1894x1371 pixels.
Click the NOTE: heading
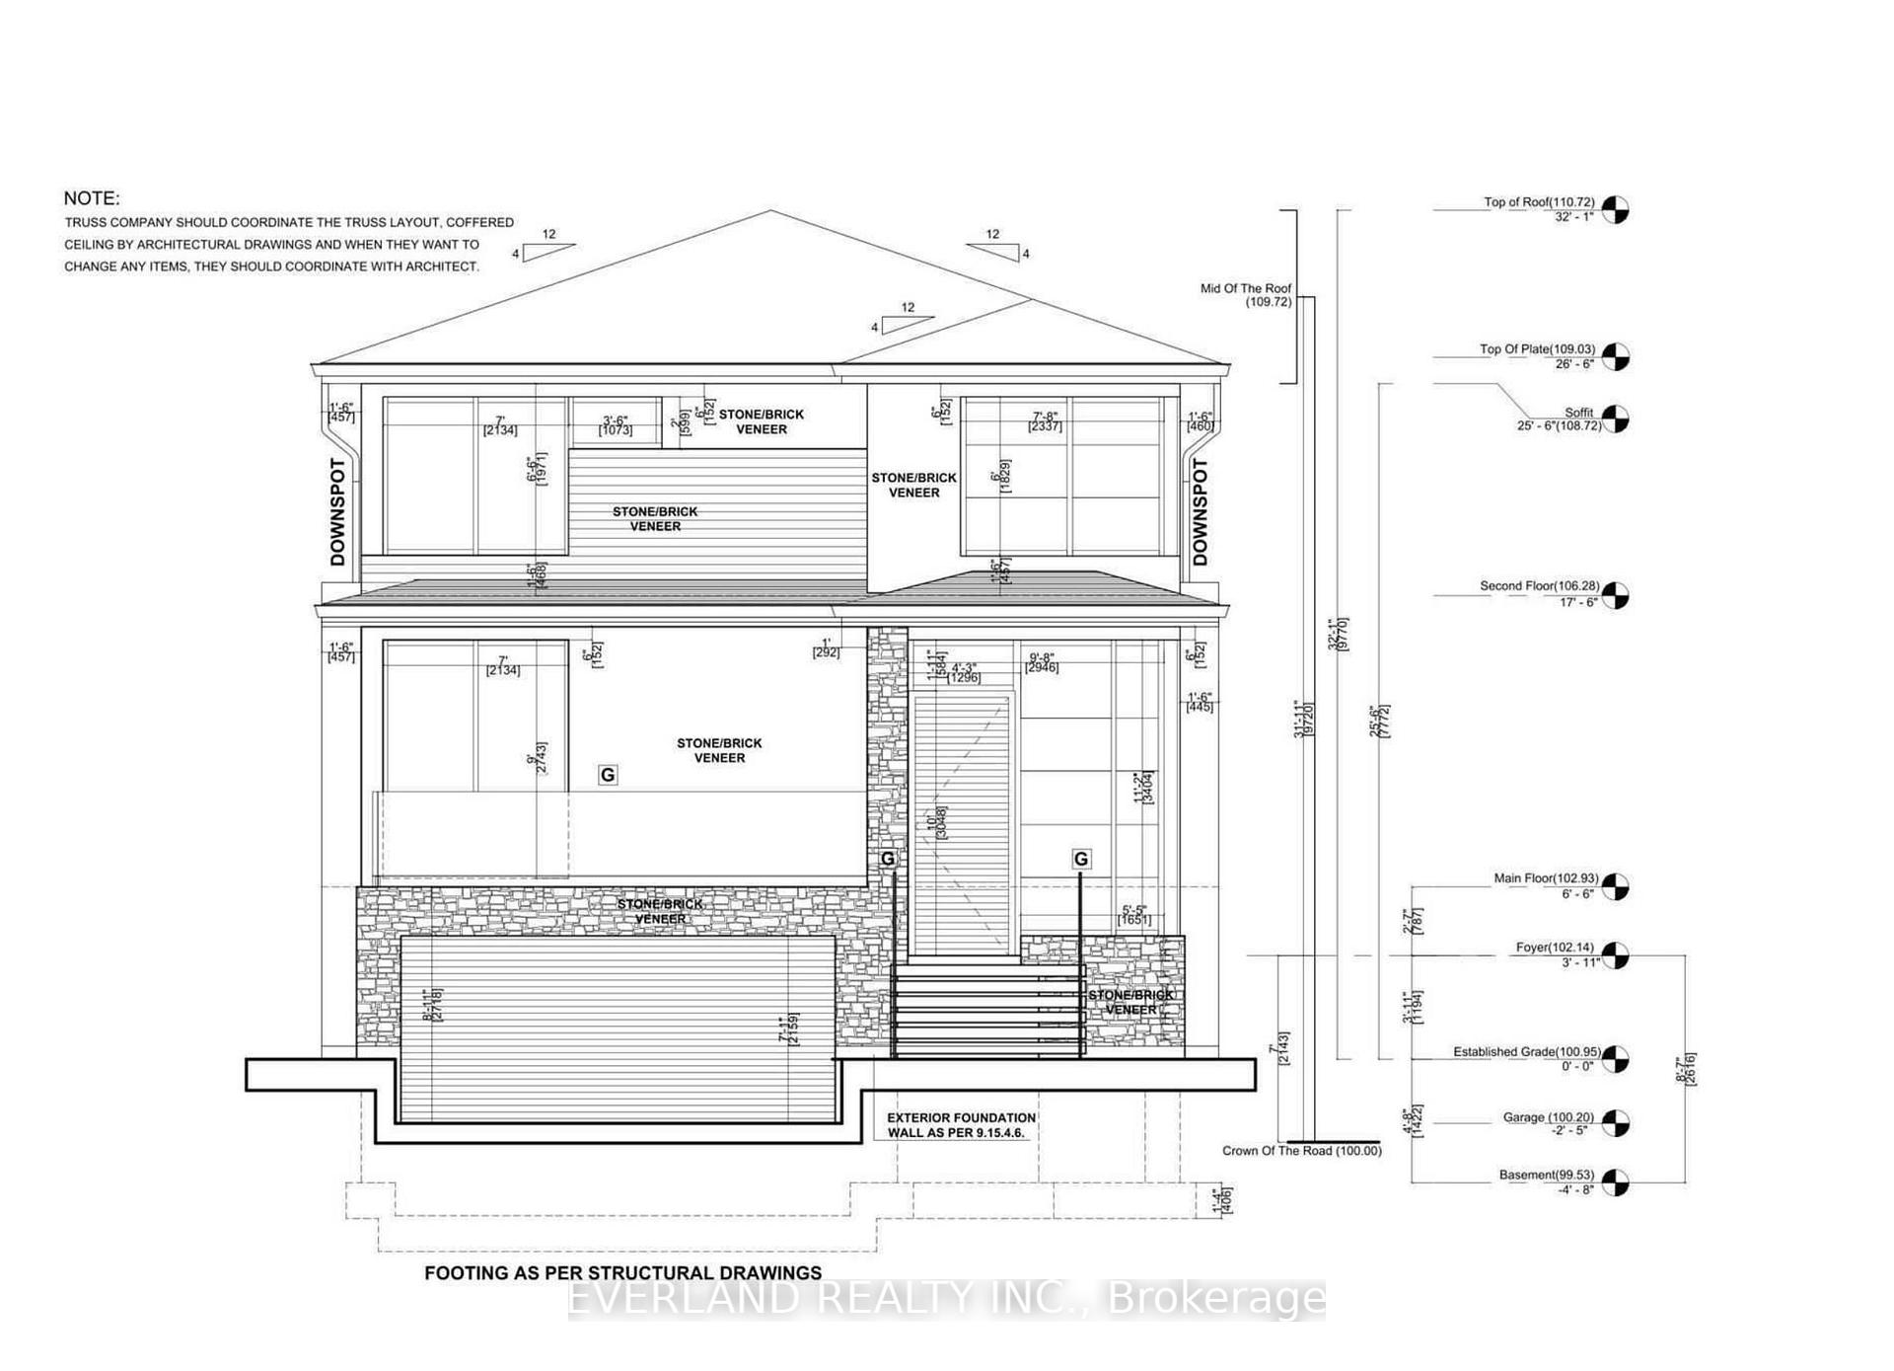click(92, 198)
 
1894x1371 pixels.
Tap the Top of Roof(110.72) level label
click(1538, 202)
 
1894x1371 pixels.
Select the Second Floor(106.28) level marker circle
click(1615, 595)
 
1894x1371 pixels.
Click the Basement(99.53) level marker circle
click(1615, 1181)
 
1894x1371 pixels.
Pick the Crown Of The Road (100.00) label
click(1301, 1151)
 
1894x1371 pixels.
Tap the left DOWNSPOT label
click(338, 511)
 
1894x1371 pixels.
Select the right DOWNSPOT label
click(1200, 511)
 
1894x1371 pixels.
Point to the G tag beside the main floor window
click(608, 775)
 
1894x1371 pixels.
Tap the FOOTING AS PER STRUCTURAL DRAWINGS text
click(622, 1273)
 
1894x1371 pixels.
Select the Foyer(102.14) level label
click(1554, 948)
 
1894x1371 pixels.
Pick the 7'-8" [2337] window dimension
click(1046, 421)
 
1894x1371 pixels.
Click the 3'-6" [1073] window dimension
click(616, 425)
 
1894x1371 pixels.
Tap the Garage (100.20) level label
click(1548, 1117)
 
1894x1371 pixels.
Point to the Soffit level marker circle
click(1615, 419)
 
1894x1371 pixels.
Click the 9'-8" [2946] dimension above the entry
click(1042, 662)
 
